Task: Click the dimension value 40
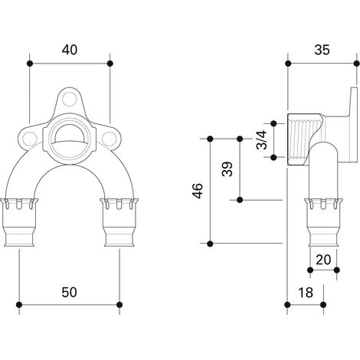[70, 50]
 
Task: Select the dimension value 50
[69, 292]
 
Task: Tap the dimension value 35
[322, 50]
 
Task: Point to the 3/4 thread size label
[262, 139]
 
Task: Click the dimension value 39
[227, 169]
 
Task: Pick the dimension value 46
[198, 191]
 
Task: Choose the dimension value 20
[323, 260]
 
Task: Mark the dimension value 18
[306, 293]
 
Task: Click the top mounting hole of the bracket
[69, 100]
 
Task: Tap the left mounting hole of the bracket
[29, 139]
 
